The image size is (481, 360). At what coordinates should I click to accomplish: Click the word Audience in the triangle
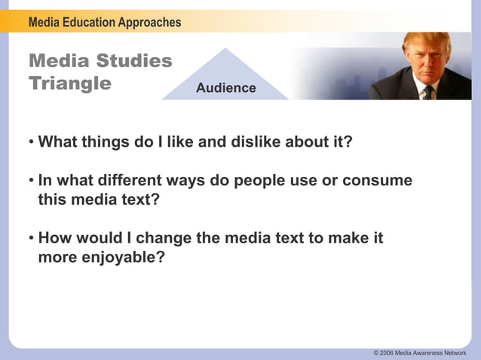[225, 88]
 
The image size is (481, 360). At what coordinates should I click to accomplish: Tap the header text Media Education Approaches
[105, 22]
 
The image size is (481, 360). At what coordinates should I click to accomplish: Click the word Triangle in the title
[70, 83]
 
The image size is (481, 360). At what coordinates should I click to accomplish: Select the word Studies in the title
[134, 61]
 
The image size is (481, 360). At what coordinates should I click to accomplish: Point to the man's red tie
[428, 92]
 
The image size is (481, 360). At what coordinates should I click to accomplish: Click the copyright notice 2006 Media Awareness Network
[419, 352]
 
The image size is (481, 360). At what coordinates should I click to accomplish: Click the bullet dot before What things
[32, 142]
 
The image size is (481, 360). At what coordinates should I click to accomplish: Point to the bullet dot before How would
[32, 239]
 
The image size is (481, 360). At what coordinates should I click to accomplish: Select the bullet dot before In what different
[32, 182]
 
